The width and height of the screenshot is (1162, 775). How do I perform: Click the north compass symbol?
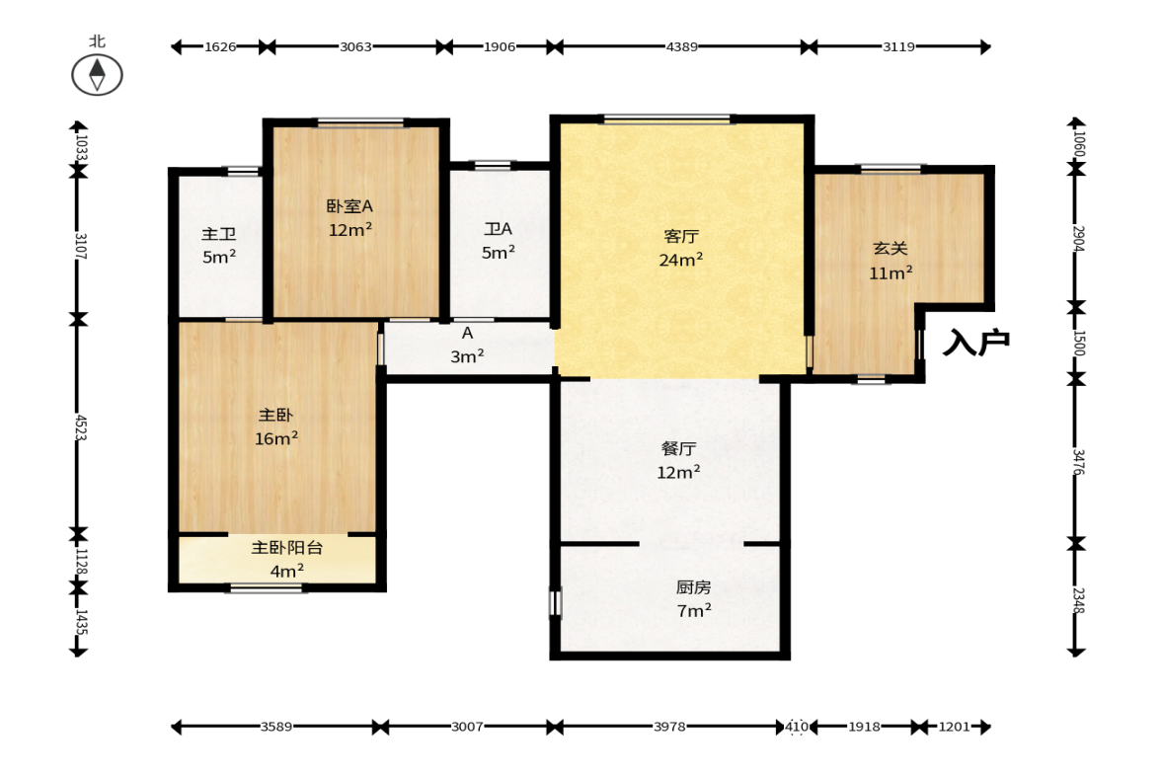[97, 75]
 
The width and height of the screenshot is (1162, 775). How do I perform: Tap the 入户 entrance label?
[976, 342]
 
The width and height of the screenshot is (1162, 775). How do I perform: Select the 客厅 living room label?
[681, 236]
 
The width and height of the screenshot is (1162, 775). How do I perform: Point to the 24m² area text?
[681, 260]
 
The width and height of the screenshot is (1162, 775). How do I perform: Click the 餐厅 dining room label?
[678, 449]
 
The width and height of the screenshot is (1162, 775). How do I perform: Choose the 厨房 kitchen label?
[694, 587]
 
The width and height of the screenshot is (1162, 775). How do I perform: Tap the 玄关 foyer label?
[891, 249]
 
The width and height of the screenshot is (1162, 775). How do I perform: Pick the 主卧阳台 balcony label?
[286, 548]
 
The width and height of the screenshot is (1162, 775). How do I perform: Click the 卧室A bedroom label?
[349, 206]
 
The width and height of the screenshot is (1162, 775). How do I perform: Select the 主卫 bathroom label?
[218, 234]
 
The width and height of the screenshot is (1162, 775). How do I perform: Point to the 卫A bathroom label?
[498, 229]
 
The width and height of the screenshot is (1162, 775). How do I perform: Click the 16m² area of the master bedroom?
[276, 438]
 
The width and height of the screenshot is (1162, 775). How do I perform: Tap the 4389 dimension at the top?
[682, 46]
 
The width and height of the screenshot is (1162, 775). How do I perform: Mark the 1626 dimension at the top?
[220, 46]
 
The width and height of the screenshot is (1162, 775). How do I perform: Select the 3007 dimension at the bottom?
[467, 727]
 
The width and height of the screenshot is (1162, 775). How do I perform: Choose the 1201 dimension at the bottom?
[954, 727]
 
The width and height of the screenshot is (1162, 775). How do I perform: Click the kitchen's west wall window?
[556, 602]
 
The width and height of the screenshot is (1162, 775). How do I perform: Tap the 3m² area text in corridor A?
[467, 356]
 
